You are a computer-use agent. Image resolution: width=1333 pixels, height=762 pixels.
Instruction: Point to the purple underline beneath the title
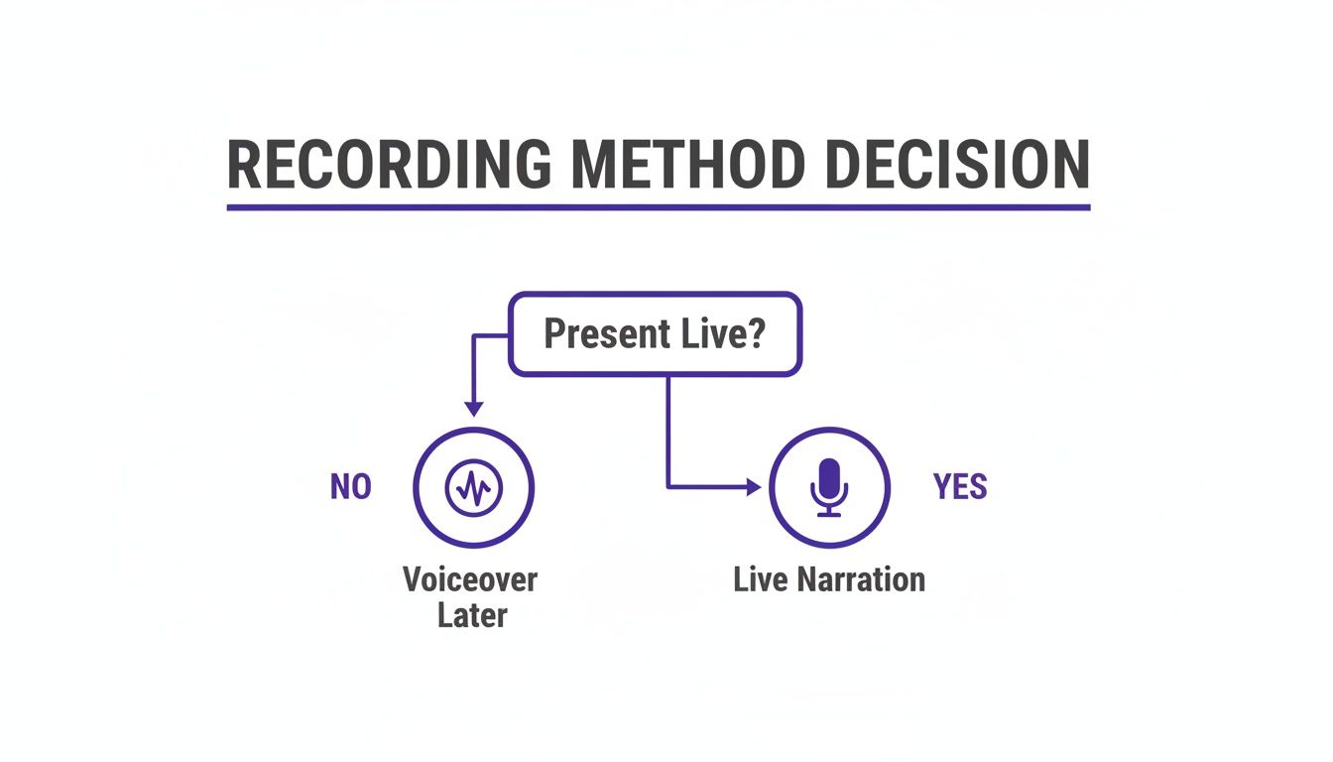coord(658,207)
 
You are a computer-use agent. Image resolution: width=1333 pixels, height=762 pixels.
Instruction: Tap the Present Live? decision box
coord(655,334)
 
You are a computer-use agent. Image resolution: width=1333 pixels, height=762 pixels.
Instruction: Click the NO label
coord(350,487)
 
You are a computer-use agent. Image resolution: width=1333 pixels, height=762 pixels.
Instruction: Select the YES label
coord(960,487)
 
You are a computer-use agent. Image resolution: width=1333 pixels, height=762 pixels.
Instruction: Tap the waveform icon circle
coord(473,487)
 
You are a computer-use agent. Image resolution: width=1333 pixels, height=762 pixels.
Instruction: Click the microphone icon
coord(829,487)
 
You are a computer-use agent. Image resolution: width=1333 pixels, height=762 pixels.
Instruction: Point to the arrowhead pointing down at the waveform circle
coord(473,408)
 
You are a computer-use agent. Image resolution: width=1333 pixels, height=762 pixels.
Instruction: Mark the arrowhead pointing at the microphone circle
coord(753,487)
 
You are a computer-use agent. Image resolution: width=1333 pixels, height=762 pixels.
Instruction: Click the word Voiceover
coord(469,578)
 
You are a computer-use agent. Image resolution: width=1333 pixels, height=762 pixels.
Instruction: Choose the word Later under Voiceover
coord(472,615)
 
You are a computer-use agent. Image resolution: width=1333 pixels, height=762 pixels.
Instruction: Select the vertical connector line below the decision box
coord(667,427)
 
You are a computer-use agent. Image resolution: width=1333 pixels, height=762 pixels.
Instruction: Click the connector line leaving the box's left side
coord(491,336)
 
